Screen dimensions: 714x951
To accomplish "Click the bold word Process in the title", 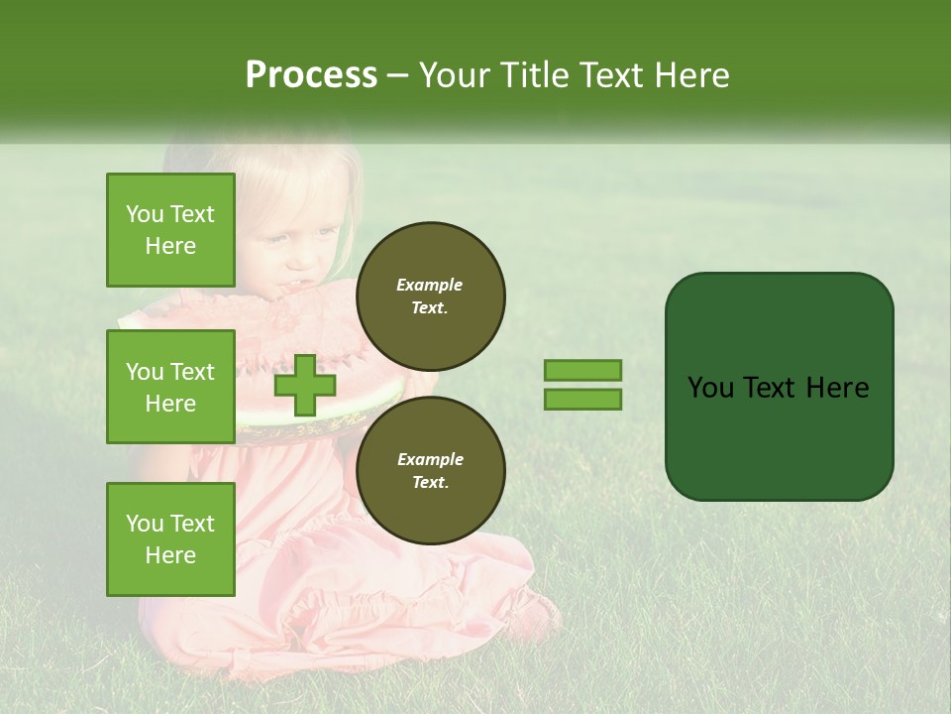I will coord(311,75).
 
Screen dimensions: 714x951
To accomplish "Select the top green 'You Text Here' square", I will coord(170,230).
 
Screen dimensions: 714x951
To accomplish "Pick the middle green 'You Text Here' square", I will coord(170,388).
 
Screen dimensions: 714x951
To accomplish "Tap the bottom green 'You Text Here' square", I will coord(170,539).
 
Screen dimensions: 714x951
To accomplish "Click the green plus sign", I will coord(305,386).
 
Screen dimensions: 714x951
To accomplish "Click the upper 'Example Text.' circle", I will coord(430,297).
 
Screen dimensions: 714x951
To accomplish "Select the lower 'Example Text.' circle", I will coord(430,471).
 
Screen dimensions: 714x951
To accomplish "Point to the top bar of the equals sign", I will coord(582,371).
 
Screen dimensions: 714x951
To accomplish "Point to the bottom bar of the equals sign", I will coord(582,400).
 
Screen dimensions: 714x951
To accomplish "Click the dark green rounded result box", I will coord(779,387).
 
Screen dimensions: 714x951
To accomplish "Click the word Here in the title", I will coord(691,75).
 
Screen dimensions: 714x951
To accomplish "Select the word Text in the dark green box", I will coord(777,388).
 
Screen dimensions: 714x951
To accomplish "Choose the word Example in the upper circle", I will coord(430,285).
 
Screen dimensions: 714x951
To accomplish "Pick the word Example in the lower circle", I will coord(430,459).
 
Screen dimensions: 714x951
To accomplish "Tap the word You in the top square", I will coord(145,214).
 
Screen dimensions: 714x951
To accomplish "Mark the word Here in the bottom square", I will coord(170,555).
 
